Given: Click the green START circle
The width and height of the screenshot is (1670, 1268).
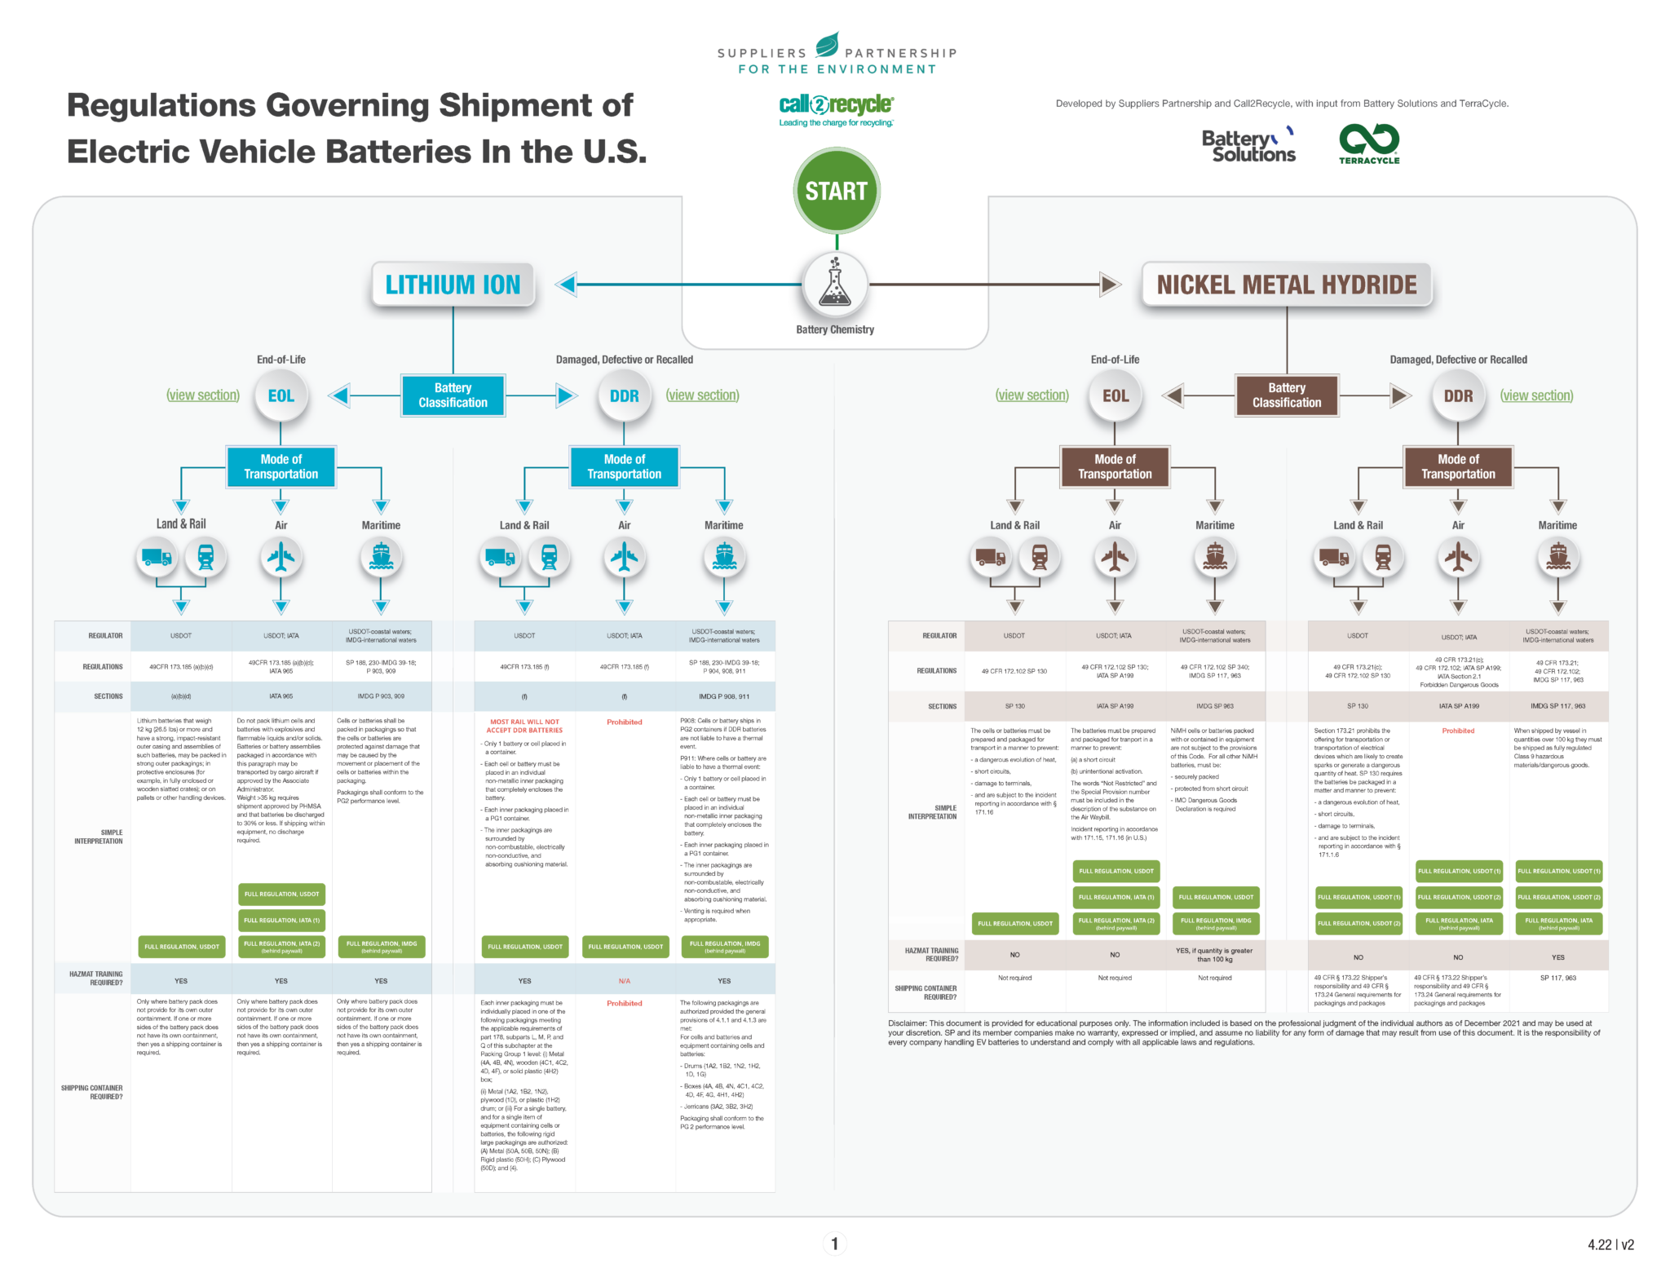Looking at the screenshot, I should [836, 191].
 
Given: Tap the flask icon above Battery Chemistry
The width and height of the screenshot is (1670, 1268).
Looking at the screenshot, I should [835, 284].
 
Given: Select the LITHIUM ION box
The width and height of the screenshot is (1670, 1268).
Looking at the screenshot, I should [453, 285].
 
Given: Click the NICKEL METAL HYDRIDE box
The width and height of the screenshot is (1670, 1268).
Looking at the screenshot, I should [1287, 285].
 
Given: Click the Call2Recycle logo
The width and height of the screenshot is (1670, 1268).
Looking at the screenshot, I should [836, 109].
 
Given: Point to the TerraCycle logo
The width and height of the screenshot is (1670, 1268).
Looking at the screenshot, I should [1369, 144].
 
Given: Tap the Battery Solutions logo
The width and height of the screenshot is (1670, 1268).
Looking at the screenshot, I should [1248, 145].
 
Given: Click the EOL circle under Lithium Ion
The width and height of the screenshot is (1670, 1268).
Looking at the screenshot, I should [281, 396].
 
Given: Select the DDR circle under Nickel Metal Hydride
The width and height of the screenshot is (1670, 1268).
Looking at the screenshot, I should [1458, 396].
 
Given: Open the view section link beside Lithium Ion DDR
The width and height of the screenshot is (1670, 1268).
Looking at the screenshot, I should [702, 395].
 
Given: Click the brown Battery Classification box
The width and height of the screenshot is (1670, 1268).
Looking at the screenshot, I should [1287, 395].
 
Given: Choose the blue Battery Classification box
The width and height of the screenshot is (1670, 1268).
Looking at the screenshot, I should [453, 395].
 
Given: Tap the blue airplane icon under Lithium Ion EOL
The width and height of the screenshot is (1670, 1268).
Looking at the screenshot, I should [281, 558].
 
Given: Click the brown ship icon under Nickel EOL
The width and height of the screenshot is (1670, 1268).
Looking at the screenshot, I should [1215, 558].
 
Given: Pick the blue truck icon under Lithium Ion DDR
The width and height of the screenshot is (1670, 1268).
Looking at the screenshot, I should [500, 558].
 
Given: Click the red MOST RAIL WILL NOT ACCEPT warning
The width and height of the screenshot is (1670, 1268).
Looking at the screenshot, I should [524, 726].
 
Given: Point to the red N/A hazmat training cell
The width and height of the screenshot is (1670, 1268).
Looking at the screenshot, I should [625, 981].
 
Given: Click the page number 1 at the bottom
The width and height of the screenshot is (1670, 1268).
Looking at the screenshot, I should [834, 1244].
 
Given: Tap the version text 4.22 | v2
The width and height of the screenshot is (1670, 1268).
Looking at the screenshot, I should [1610, 1244].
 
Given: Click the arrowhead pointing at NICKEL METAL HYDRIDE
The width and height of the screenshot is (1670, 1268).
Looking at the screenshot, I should [1110, 285].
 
